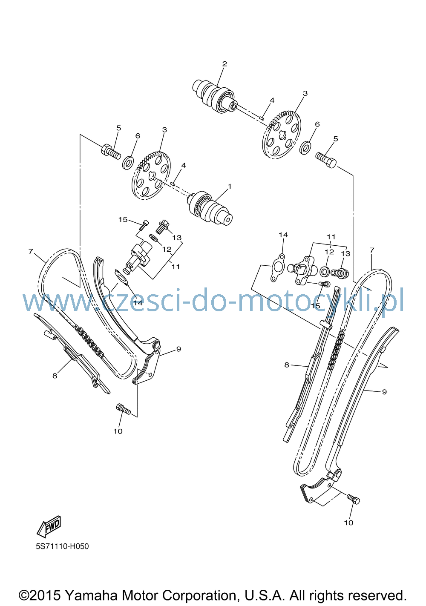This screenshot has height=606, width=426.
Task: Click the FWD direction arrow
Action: (49, 526)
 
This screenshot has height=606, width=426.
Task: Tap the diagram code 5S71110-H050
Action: (62, 547)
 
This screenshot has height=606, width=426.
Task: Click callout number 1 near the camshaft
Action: (230, 187)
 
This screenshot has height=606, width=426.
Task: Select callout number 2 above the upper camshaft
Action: (225, 64)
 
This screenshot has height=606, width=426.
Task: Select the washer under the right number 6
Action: (305, 147)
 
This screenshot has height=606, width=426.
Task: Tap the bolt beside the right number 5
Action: (326, 160)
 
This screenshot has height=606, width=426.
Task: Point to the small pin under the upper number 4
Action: (261, 118)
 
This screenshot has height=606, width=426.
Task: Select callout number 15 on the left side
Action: (123, 219)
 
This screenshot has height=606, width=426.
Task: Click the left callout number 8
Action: (55, 376)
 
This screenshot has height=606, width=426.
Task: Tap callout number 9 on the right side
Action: (384, 391)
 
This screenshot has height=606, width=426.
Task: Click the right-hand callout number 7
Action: (371, 250)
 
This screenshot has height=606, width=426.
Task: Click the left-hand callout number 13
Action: (177, 238)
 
